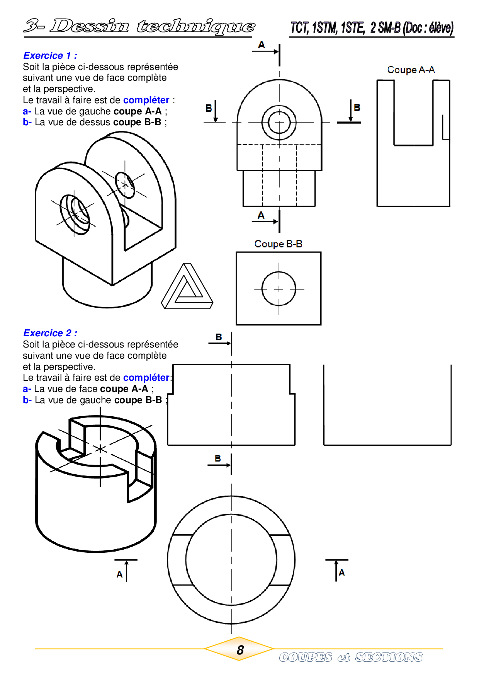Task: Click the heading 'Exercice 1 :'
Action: [x=50, y=56]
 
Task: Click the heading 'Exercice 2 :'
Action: [x=50, y=333]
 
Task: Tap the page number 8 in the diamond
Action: [x=240, y=650]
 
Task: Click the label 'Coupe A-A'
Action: [x=411, y=70]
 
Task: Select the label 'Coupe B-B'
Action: [x=278, y=244]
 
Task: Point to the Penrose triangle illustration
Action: [x=187, y=286]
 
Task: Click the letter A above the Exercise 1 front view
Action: [x=262, y=45]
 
